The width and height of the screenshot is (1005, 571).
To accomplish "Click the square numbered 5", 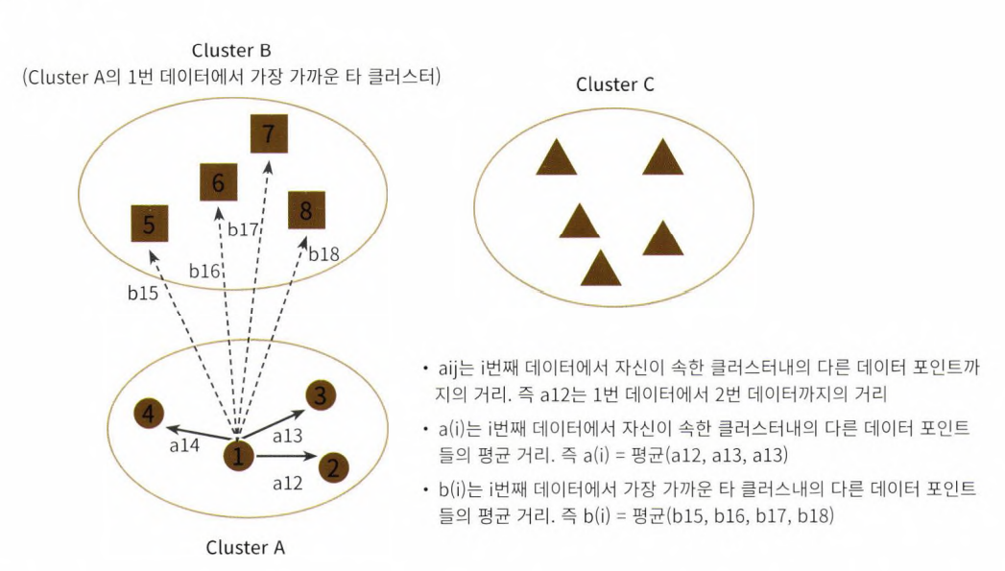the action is pyautogui.click(x=149, y=225).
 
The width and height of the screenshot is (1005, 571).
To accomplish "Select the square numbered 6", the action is pyautogui.click(x=219, y=182).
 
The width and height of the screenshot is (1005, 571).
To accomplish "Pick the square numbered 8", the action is pyautogui.click(x=306, y=210).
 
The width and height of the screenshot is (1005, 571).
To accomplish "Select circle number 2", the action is pyautogui.click(x=332, y=468).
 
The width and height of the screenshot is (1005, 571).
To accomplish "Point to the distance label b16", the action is pyautogui.click(x=204, y=272).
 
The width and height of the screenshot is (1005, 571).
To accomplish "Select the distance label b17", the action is pyautogui.click(x=243, y=229).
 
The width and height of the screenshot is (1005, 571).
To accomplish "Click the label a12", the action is pyautogui.click(x=288, y=483).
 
